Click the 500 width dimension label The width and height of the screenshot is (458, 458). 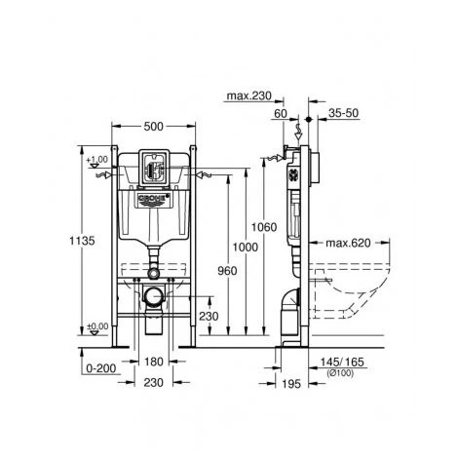click(153, 127)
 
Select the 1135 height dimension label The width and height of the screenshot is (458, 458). click(82, 241)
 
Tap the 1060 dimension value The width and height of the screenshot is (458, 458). click(264, 227)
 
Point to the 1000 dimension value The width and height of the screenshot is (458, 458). click(246, 248)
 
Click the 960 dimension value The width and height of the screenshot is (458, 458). click(227, 271)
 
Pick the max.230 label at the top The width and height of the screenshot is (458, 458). click(248, 95)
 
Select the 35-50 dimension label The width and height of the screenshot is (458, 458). click(343, 113)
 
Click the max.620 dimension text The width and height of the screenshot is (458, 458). click(348, 243)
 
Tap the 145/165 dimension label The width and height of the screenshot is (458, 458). click(342, 362)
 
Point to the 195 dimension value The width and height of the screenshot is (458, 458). click(291, 384)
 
